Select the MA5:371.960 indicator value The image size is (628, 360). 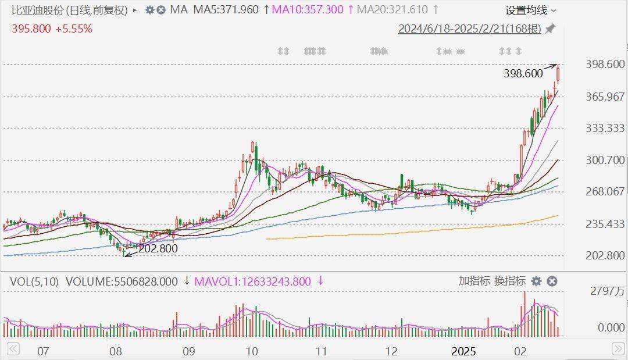(x=226, y=10)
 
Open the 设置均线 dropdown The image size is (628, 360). (x=530, y=10)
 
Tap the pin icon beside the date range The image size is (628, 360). (x=550, y=28)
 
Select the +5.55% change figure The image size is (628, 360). (x=74, y=28)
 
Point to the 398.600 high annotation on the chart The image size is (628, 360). (x=523, y=73)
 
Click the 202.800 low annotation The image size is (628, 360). (x=158, y=248)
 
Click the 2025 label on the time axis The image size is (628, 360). (x=464, y=351)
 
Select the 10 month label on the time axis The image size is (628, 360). (x=251, y=351)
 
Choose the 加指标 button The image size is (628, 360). (x=474, y=281)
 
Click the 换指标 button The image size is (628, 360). (x=510, y=281)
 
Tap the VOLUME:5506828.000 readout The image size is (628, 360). (x=122, y=281)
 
